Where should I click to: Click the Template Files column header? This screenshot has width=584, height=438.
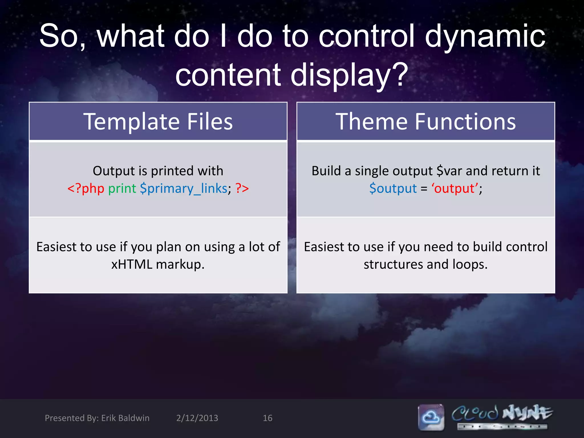158,121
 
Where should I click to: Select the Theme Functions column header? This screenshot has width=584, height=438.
425,121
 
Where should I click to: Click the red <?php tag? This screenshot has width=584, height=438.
86,188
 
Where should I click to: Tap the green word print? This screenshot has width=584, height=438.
122,188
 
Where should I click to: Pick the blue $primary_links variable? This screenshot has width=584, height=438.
184,188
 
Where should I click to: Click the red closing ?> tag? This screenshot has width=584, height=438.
242,188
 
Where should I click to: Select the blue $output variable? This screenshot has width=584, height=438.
393,188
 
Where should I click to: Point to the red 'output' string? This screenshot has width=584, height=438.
455,188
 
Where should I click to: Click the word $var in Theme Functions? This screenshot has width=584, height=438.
449,171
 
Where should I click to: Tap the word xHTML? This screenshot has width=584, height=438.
132,264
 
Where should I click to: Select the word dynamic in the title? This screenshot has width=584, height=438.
485,36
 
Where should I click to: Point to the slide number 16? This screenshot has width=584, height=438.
267,418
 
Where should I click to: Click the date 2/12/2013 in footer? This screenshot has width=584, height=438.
197,418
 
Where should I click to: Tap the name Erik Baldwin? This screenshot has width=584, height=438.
125,418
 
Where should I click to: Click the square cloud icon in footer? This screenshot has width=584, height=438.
431,417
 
